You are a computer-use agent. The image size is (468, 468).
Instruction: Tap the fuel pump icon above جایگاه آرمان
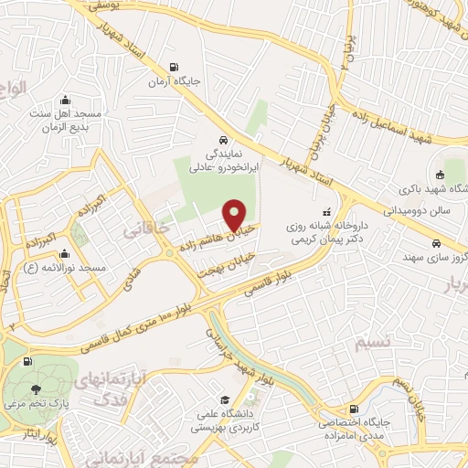pyautogui.click(x=174, y=66)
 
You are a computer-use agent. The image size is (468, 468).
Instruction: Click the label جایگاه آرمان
pyautogui.click(x=174, y=81)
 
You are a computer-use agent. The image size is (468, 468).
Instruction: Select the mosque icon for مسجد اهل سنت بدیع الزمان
pyautogui.click(x=64, y=101)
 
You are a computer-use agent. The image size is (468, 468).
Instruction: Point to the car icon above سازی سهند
pyautogui.click(x=437, y=243)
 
